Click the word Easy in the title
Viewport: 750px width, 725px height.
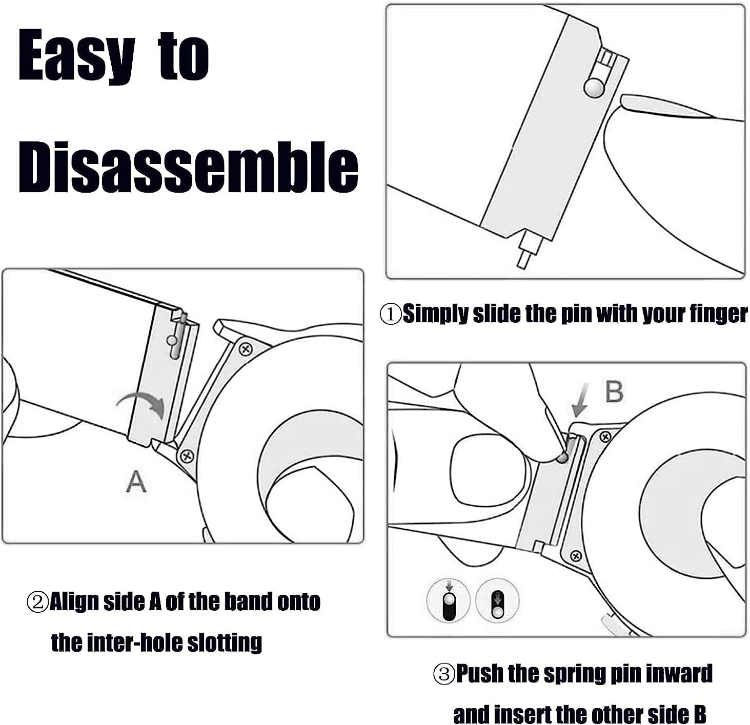(x=77, y=56)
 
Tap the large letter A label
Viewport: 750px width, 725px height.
(x=136, y=482)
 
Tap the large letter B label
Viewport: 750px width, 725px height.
(x=614, y=392)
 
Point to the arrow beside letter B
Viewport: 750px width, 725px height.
(x=580, y=400)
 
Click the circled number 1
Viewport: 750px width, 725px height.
(x=391, y=314)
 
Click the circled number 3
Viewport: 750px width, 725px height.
(x=444, y=674)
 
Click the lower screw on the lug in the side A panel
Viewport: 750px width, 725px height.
(x=187, y=457)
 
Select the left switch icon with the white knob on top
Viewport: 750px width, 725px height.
(x=448, y=600)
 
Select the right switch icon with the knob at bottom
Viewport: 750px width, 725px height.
(x=498, y=600)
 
